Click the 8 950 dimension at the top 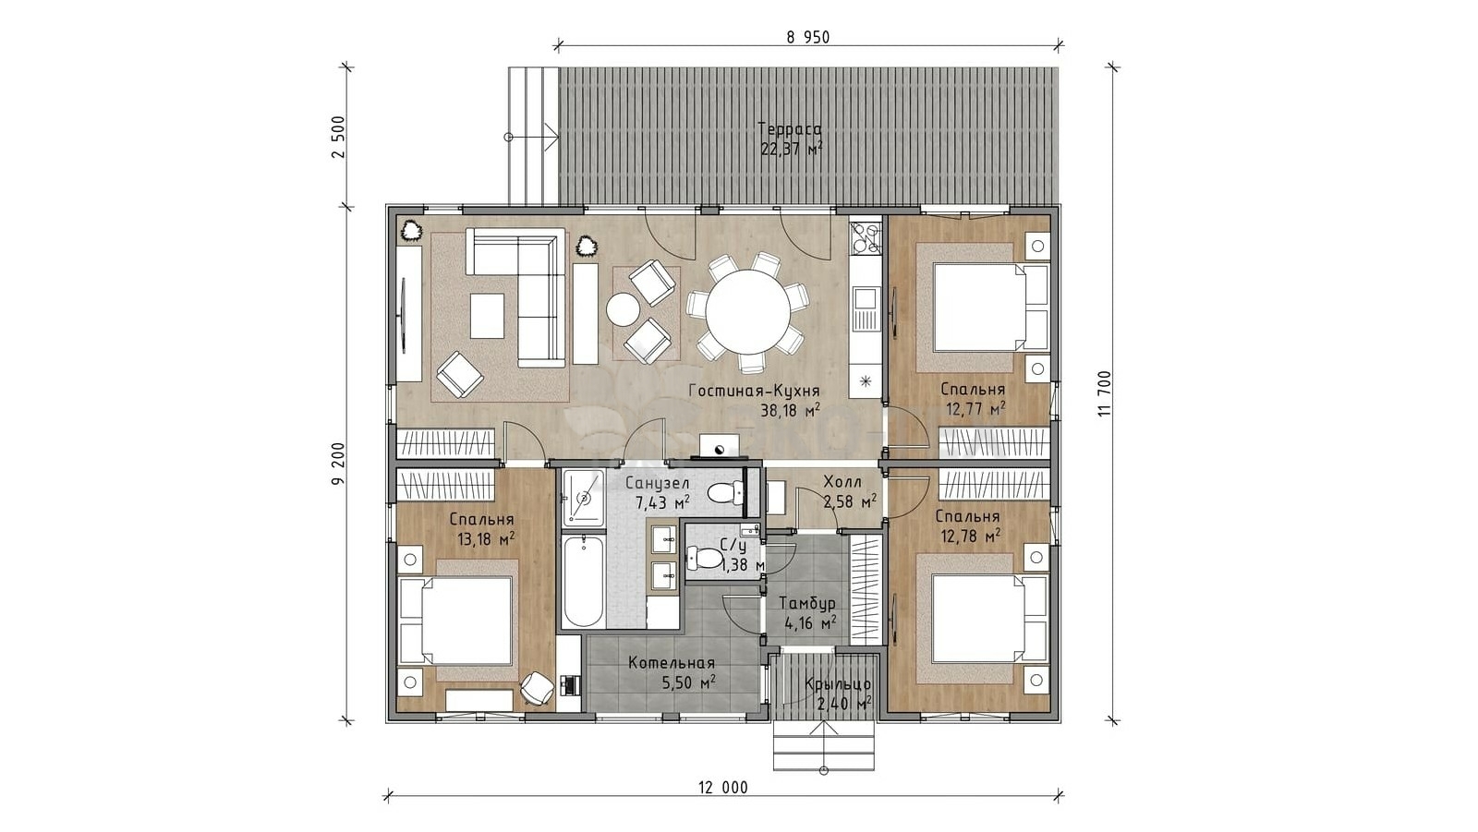coord(808,38)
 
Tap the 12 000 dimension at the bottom coord(722,788)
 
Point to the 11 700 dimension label coord(1105,393)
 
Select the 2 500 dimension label coord(339,137)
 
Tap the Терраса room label coord(790,129)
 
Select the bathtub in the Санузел coord(583,581)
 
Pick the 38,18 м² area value coord(790,411)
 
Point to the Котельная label coord(672,663)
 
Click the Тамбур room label coord(806,604)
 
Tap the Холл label coord(842,482)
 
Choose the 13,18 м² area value coord(486,539)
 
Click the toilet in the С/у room coord(707,558)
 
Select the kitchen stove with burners coord(866,237)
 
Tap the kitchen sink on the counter coord(866,298)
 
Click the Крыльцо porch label coord(837,684)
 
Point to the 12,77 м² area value coord(975,409)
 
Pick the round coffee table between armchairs coord(623,308)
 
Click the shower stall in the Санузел coord(583,499)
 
